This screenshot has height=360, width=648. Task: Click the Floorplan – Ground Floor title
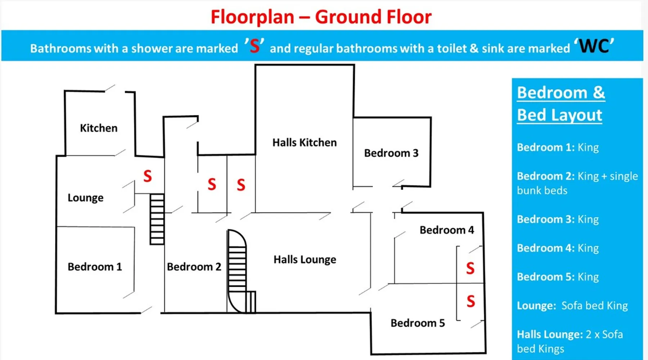click(321, 17)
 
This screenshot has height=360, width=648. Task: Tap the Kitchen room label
click(99, 128)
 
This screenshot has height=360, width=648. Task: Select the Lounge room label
click(85, 198)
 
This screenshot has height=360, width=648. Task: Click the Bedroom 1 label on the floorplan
click(95, 267)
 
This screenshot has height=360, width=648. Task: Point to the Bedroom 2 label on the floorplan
click(194, 267)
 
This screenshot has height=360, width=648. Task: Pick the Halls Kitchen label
click(305, 143)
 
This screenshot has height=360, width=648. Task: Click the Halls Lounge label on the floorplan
click(305, 260)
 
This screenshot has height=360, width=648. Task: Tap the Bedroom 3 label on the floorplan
click(391, 153)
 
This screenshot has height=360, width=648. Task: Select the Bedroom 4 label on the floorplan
click(447, 230)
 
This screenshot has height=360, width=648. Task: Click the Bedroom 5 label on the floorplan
click(418, 323)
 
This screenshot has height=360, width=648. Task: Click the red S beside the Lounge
click(148, 176)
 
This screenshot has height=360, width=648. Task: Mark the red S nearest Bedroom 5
click(471, 301)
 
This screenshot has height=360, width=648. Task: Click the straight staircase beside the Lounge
click(157, 219)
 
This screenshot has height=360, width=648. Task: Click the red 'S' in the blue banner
click(255, 46)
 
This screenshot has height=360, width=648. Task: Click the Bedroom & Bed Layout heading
click(561, 104)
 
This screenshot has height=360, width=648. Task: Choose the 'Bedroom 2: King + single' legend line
click(577, 176)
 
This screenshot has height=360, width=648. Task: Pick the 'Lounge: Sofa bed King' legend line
click(572, 306)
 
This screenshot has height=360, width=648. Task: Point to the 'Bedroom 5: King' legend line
click(558, 277)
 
